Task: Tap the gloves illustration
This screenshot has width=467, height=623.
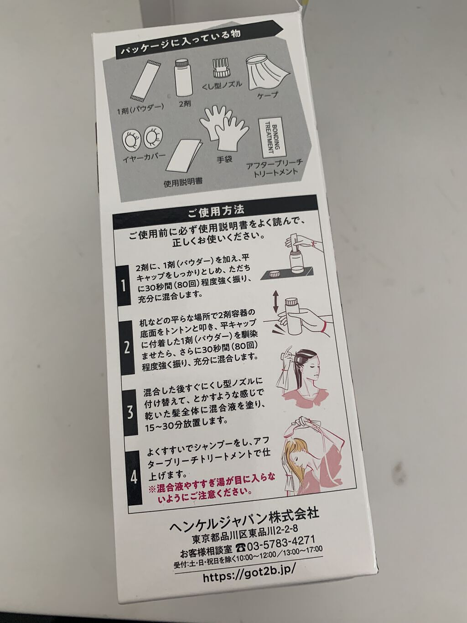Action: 222,130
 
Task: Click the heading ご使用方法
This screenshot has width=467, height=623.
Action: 216,210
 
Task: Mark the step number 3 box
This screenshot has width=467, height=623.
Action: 130,411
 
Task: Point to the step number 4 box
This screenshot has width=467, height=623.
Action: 134,477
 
